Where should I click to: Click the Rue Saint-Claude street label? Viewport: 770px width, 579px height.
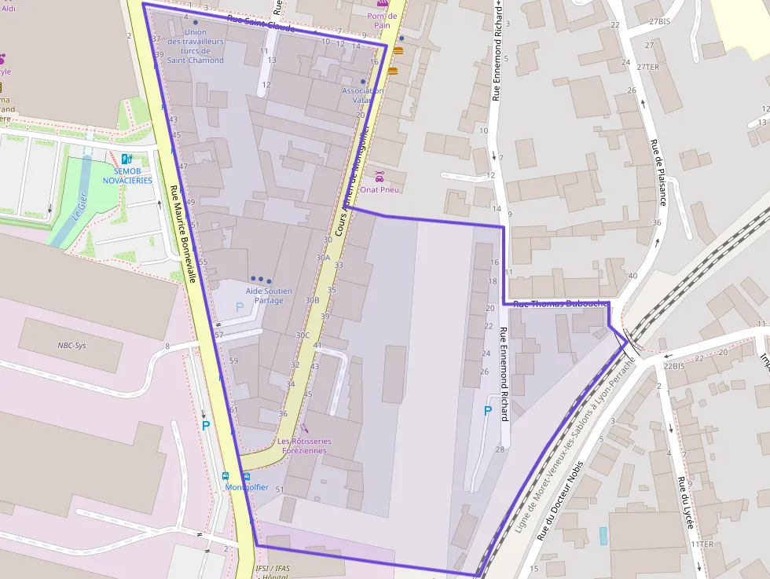pos(260,23)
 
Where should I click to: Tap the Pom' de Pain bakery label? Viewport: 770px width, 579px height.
pos(382,20)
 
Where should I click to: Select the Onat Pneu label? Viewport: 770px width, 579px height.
pos(380,189)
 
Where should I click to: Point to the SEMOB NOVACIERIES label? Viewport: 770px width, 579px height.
pos(127,175)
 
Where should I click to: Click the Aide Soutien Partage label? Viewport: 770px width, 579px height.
pos(268,295)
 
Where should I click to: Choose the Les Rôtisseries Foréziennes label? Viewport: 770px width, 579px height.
pos(304,446)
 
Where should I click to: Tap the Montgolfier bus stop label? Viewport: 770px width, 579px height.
pos(247,487)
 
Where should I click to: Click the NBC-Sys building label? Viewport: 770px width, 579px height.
pos(71,345)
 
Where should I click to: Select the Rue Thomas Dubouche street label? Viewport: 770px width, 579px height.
pos(560,303)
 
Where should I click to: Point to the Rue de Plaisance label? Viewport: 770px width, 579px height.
pos(658,172)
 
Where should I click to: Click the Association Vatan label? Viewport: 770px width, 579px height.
pos(362,95)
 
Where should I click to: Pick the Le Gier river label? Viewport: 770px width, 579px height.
pos(79,206)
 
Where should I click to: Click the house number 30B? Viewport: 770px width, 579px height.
pos(312,300)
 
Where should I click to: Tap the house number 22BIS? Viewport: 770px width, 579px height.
pos(673,366)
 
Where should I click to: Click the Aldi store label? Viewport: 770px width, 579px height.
pos(9,9)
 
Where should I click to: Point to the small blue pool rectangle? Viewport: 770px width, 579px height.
pos(603,536)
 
